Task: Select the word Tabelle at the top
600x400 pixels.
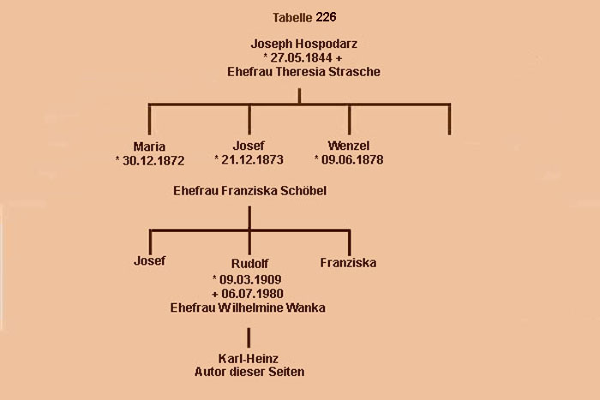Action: pyautogui.click(x=292, y=17)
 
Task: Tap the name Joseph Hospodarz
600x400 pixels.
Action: pyautogui.click(x=298, y=43)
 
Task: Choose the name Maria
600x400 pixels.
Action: pyautogui.click(x=149, y=146)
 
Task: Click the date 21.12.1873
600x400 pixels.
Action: pyautogui.click(x=253, y=160)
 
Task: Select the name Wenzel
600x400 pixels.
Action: pyautogui.click(x=348, y=146)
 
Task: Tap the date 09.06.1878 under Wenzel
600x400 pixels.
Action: pyautogui.click(x=351, y=160)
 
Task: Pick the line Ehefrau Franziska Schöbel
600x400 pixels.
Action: pyautogui.click(x=249, y=190)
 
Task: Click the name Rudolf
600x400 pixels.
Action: pyautogui.click(x=249, y=263)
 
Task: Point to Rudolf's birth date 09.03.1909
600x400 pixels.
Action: pyautogui.click(x=251, y=279)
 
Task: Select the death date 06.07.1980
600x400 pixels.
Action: pyautogui.click(x=251, y=294)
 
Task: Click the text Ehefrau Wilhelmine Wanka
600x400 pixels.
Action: pyautogui.click(x=249, y=308)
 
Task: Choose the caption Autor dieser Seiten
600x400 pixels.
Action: pyautogui.click(x=249, y=372)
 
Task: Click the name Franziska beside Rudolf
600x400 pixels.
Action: pyautogui.click(x=348, y=262)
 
